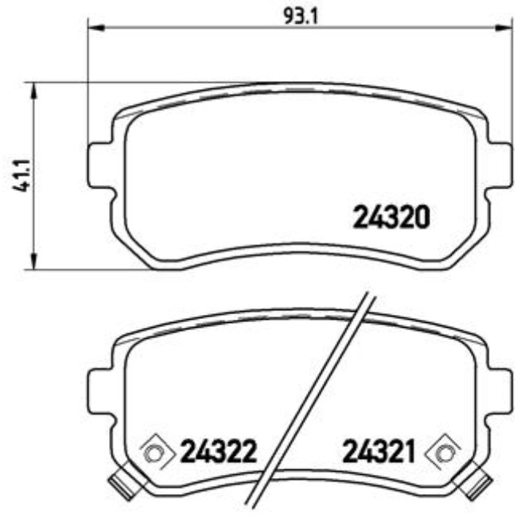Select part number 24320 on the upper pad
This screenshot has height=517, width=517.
(x=391, y=217)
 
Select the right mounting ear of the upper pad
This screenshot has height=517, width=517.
(x=498, y=165)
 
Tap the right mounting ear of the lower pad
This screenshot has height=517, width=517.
(x=498, y=391)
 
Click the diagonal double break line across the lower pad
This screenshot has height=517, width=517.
(x=310, y=398)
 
